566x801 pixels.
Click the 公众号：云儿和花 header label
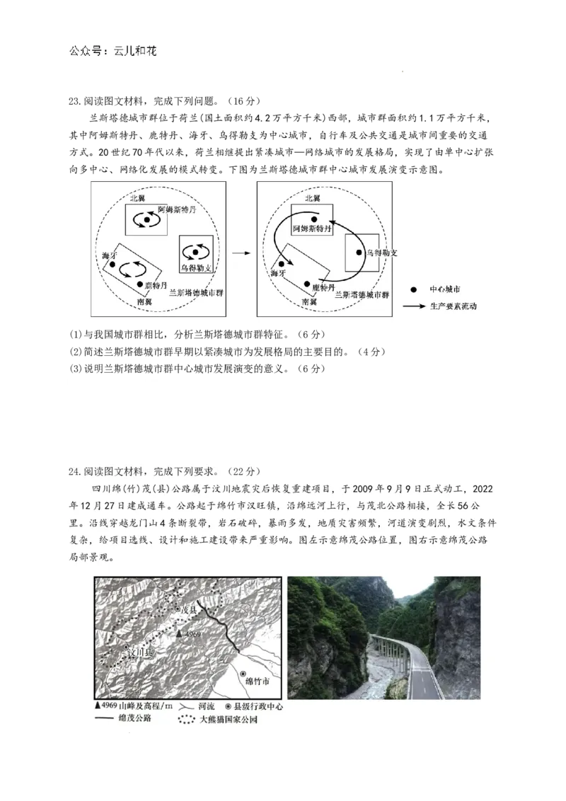[115, 52]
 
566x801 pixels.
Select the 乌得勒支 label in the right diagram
[381, 252]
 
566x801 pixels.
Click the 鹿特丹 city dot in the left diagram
[140, 284]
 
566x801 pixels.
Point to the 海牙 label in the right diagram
[278, 272]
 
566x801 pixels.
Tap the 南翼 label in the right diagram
[309, 301]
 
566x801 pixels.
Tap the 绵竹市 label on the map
[258, 681]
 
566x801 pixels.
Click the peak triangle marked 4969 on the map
[179, 633]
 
